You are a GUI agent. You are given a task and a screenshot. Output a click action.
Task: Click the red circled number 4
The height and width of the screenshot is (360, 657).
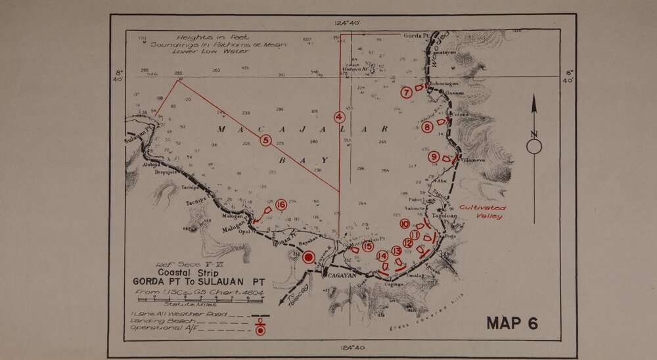click(339, 118)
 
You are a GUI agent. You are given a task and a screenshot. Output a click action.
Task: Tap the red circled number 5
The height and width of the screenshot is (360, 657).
click(265, 139)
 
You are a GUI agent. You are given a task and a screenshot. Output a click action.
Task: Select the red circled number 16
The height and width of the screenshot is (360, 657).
click(281, 205)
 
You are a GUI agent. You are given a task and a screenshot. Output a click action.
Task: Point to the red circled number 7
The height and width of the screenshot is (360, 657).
click(407, 93)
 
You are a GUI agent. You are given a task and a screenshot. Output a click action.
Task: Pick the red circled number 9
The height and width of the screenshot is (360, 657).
click(434, 156)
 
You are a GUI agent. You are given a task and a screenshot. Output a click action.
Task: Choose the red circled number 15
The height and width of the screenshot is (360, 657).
click(368, 246)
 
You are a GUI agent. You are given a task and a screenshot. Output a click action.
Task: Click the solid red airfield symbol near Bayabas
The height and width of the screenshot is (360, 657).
click(307, 257)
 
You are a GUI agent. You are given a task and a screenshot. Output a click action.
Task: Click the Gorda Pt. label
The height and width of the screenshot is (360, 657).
click(415, 35)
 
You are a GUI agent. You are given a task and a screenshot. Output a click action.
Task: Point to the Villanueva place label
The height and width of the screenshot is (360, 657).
click(474, 160)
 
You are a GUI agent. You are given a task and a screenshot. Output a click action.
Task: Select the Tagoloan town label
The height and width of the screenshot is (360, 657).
click(444, 215)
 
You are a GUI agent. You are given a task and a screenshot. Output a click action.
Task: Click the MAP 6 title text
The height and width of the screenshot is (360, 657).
click(512, 323)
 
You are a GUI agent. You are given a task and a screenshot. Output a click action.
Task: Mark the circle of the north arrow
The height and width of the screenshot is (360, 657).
click(534, 146)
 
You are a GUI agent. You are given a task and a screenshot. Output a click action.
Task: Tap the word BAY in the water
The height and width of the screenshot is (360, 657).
click(303, 160)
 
